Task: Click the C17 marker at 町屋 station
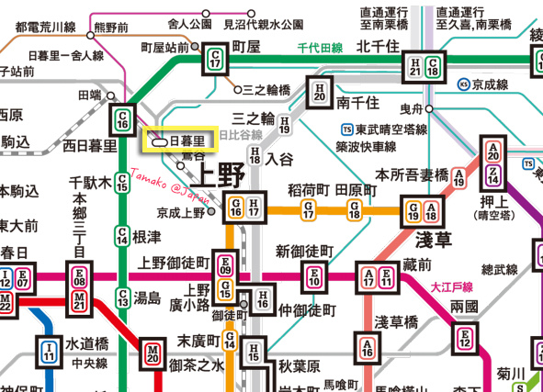tap(215, 59)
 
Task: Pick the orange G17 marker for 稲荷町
tap(310, 210)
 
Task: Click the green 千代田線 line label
tap(320, 48)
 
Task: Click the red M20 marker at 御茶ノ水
tap(152, 353)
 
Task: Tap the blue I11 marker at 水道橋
tap(49, 349)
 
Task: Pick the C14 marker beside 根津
tap(122, 235)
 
